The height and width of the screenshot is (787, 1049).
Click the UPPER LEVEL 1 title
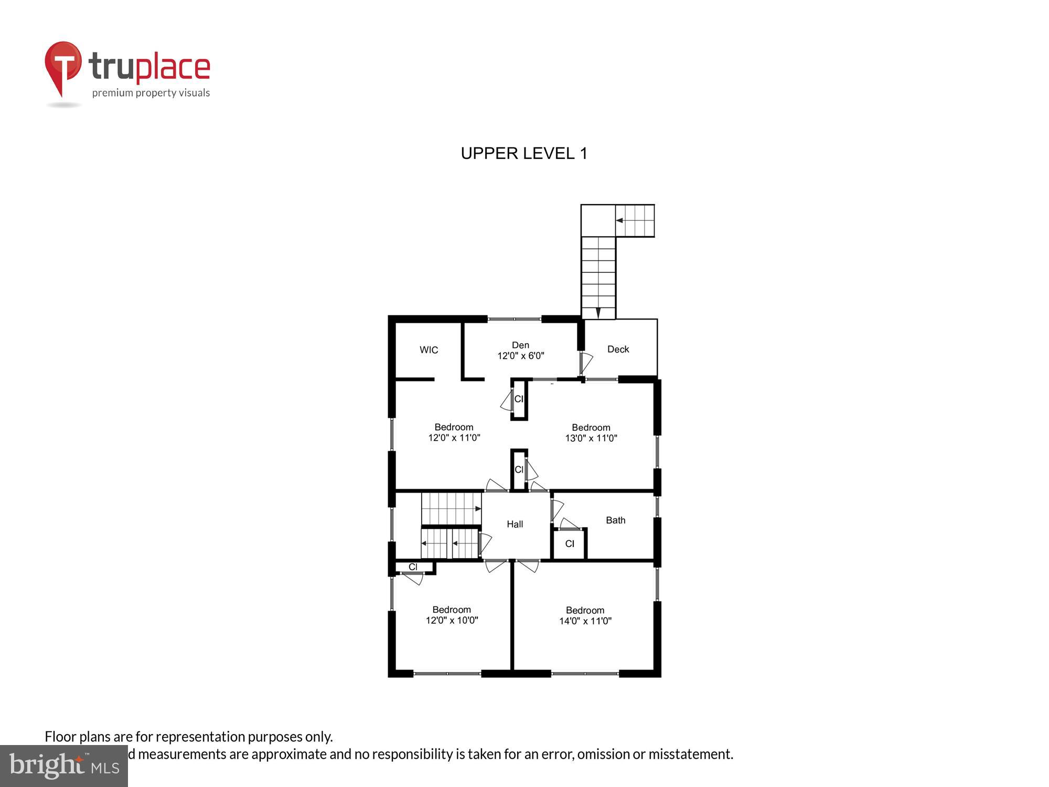point(524,153)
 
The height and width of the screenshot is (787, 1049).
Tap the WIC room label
point(429,350)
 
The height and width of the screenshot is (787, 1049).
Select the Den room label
point(520,345)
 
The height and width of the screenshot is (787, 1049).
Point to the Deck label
point(618,349)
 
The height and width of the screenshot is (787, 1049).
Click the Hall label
point(515,524)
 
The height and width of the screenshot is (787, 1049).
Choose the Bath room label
point(615,520)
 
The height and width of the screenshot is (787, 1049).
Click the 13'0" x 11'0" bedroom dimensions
point(591,438)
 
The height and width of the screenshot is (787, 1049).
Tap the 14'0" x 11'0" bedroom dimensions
point(585,621)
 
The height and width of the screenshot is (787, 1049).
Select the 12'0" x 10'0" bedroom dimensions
point(452,620)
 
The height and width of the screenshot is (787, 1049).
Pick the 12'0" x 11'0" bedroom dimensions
point(454,438)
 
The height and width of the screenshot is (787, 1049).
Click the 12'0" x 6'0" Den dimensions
point(521,356)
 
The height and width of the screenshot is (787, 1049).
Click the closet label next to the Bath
point(570,544)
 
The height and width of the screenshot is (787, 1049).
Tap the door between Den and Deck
point(585,363)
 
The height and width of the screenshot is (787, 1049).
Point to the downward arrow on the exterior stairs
point(598,313)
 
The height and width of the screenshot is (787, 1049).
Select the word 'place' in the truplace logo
point(173,68)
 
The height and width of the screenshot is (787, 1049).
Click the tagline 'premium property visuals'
point(151,93)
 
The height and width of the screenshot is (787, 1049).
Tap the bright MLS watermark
point(64,766)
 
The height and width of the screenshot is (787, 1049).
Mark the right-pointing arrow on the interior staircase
point(478,508)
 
